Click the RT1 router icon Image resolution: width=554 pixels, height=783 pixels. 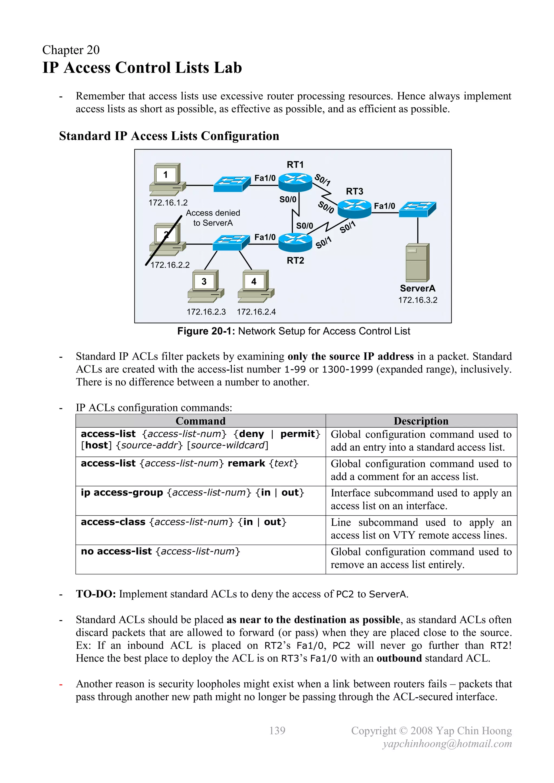pyautogui.click(x=295, y=182)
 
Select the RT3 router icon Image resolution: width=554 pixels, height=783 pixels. pyautogui.click(x=354, y=209)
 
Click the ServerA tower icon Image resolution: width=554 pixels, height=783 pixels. pyautogui.click(x=417, y=263)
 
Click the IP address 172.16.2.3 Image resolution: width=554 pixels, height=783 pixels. pyautogui.click(x=206, y=312)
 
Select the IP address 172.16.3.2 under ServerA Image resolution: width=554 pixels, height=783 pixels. pyautogui.click(x=418, y=300)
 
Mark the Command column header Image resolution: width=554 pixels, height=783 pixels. pyautogui.click(x=201, y=421)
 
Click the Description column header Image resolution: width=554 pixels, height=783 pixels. pyautogui.click(x=421, y=421)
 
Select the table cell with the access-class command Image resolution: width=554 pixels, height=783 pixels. pyautogui.click(x=200, y=530)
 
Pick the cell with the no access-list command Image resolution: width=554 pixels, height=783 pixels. pyautogui.click(x=200, y=559)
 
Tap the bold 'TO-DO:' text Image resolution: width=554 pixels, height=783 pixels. pyautogui.click(x=96, y=594)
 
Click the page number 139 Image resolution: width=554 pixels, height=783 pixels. pyautogui.click(x=277, y=731)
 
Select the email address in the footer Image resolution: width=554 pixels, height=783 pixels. pyautogui.click(x=447, y=744)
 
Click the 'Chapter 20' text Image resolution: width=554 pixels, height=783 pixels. pyautogui.click(x=71, y=50)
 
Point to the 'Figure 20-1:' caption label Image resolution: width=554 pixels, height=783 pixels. pyautogui.click(x=206, y=331)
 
